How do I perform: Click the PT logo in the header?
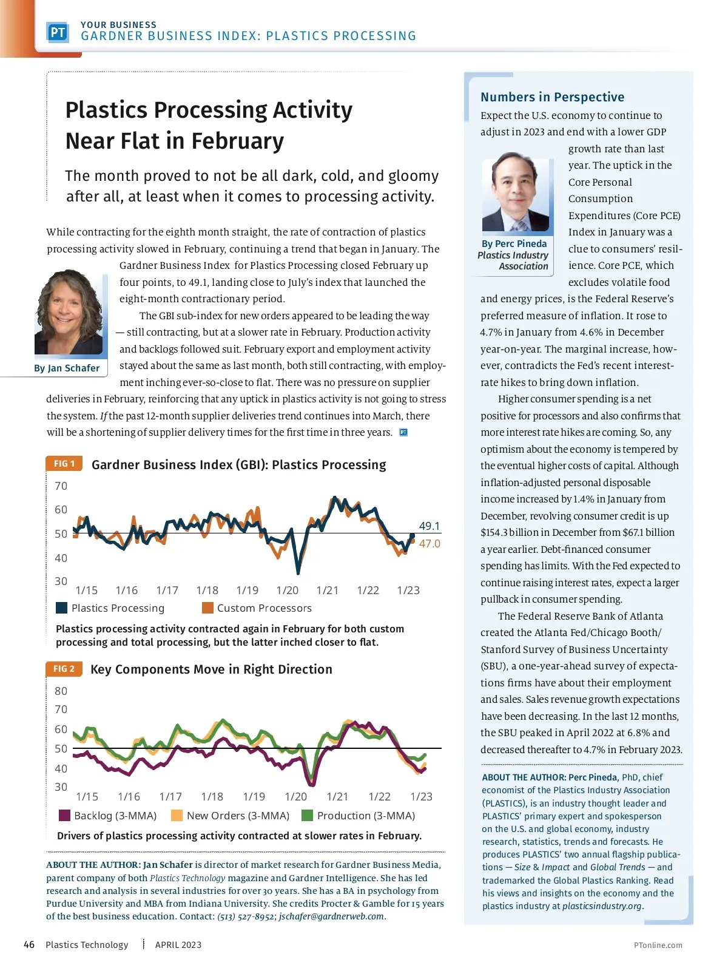58,32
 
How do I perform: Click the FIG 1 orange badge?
64,464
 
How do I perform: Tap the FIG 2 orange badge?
64,669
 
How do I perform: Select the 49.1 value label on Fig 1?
430,526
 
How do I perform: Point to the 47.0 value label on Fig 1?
430,544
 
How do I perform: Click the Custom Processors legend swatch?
207,608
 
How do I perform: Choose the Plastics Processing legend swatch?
61,608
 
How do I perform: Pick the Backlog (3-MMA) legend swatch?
64,816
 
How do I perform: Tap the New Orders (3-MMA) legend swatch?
177,816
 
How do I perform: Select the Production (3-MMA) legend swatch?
307,816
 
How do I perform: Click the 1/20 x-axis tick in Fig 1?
287,590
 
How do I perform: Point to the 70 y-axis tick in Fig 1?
61,486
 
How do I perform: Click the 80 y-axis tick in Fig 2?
61,691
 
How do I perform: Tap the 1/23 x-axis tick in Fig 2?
421,797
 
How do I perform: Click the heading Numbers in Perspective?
552,97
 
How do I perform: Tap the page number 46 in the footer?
29,945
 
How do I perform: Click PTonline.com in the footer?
658,946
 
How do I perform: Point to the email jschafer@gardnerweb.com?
332,916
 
